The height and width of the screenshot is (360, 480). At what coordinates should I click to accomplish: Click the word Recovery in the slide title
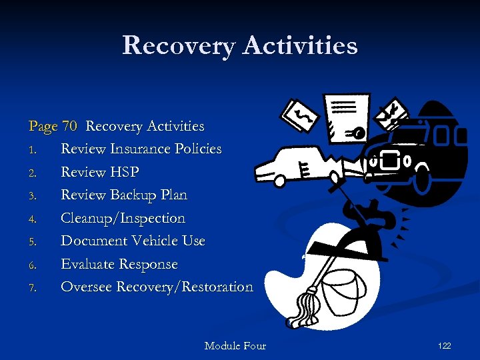click(178, 45)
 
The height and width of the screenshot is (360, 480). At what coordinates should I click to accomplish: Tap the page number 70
click(69, 126)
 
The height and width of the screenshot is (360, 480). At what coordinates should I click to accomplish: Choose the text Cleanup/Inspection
click(123, 218)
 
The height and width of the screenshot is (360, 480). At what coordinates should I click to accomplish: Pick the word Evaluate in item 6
click(87, 264)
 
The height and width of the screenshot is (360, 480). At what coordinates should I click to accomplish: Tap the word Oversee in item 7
click(87, 287)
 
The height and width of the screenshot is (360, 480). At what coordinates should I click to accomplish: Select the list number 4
click(32, 219)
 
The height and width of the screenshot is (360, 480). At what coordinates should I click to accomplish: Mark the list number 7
click(32, 288)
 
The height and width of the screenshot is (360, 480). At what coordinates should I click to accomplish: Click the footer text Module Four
click(235, 345)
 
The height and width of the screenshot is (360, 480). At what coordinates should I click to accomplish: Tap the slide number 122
click(444, 345)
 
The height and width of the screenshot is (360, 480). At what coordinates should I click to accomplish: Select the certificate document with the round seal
click(345, 117)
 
